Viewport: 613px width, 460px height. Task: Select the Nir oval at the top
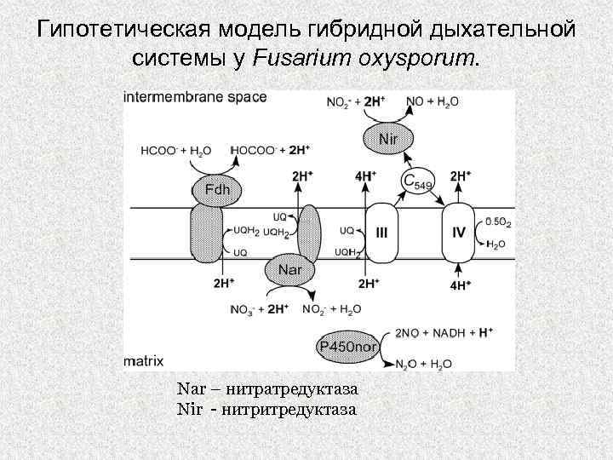click(388, 136)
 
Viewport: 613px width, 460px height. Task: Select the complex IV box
click(458, 232)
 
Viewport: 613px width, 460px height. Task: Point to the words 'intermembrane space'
click(195, 97)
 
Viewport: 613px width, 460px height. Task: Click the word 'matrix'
click(143, 361)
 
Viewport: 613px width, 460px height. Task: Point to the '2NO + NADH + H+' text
click(444, 333)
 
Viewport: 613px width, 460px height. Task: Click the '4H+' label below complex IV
click(460, 285)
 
